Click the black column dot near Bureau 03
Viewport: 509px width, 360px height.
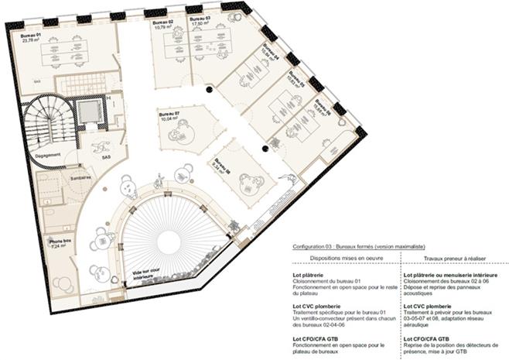click(x=207, y=91)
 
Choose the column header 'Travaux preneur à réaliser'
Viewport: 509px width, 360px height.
click(x=451, y=258)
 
